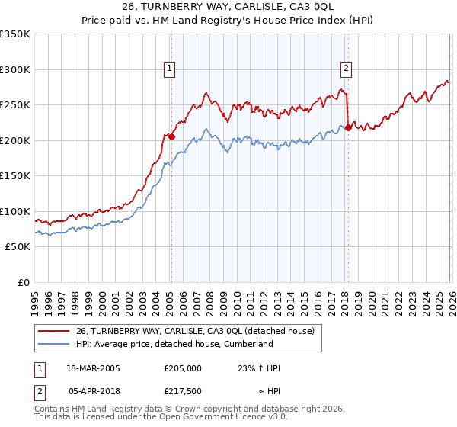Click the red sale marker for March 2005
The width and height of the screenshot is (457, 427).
click(171, 137)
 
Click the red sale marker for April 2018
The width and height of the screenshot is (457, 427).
click(347, 128)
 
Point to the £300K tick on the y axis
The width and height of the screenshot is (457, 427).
click(15, 69)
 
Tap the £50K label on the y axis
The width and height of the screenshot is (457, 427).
click(18, 247)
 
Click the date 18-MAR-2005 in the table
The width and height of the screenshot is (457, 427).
click(88, 368)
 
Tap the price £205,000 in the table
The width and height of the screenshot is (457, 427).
click(183, 368)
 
